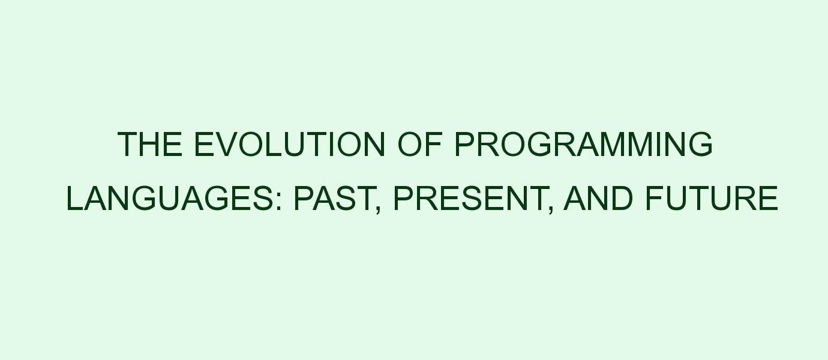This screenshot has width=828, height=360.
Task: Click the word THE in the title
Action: pos(150,144)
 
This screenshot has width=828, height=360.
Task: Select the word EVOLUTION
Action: pos(289,144)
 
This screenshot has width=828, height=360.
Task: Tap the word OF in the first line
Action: pos(420,144)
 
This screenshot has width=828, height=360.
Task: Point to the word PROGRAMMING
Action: pos(584,144)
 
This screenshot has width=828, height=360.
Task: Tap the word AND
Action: pos(598,199)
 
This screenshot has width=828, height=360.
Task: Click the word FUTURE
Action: pos(712,199)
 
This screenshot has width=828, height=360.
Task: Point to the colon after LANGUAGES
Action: pos(279,202)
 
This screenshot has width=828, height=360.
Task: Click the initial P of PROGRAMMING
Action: pos(466,144)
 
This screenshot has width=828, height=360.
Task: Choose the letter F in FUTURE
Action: pos(655,199)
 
